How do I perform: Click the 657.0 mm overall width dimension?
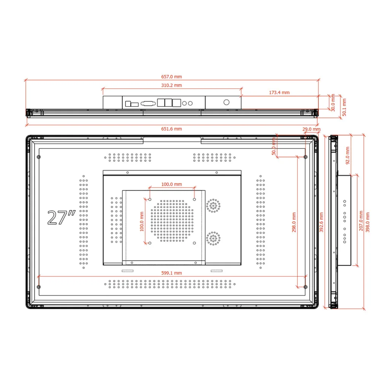[171, 77]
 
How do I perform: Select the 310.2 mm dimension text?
[171, 85]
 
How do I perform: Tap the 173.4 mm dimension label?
[279, 92]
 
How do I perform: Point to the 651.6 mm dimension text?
[171, 129]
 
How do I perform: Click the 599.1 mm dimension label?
[171, 273]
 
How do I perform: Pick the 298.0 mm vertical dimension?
[294, 222]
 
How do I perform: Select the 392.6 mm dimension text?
[321, 222]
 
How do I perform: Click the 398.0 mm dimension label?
[367, 222]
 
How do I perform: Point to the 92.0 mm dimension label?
[347, 157]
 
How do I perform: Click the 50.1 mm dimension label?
[344, 107]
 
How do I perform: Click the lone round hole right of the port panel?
[226, 102]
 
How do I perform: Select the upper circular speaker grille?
[213, 205]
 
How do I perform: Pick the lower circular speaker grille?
[213, 238]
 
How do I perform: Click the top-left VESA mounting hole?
[150, 199]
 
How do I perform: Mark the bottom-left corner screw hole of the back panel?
[39, 287]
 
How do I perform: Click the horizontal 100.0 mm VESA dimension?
[171, 184]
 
